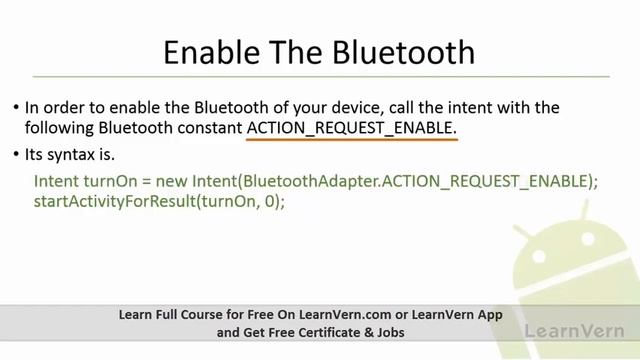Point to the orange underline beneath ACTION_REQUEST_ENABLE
click(351, 140)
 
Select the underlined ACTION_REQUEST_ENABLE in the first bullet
click(351, 128)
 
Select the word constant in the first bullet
click(211, 128)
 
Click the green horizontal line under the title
click(320, 76)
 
